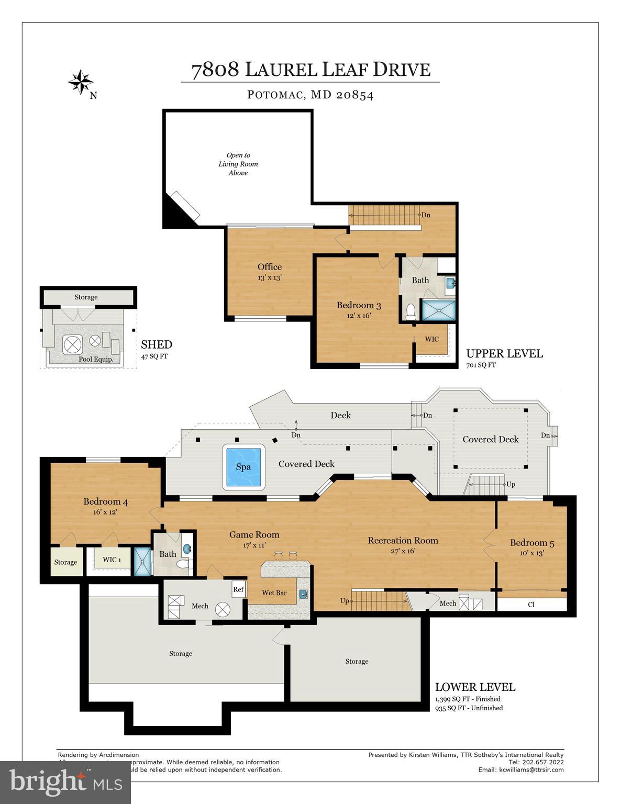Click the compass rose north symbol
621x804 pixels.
[81, 82]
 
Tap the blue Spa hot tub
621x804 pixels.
[243, 466]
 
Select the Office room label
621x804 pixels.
[269, 267]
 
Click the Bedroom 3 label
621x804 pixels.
[358, 305]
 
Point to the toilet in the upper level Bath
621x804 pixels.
[411, 312]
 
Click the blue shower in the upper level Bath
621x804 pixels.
[438, 309]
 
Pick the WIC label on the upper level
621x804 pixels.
[431, 339]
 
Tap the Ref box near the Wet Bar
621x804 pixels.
[238, 589]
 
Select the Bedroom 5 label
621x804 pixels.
[531, 543]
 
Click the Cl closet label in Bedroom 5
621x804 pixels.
[531, 605]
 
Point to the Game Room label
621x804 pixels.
[254, 534]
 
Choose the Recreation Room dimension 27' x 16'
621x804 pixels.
[403, 551]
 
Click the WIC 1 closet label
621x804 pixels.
[112, 560]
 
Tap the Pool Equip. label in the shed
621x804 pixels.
[96, 360]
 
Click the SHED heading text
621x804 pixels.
[156, 344]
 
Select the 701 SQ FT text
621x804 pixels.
[481, 365]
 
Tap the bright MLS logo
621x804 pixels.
[65, 782]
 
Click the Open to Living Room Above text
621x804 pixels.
[238, 164]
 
